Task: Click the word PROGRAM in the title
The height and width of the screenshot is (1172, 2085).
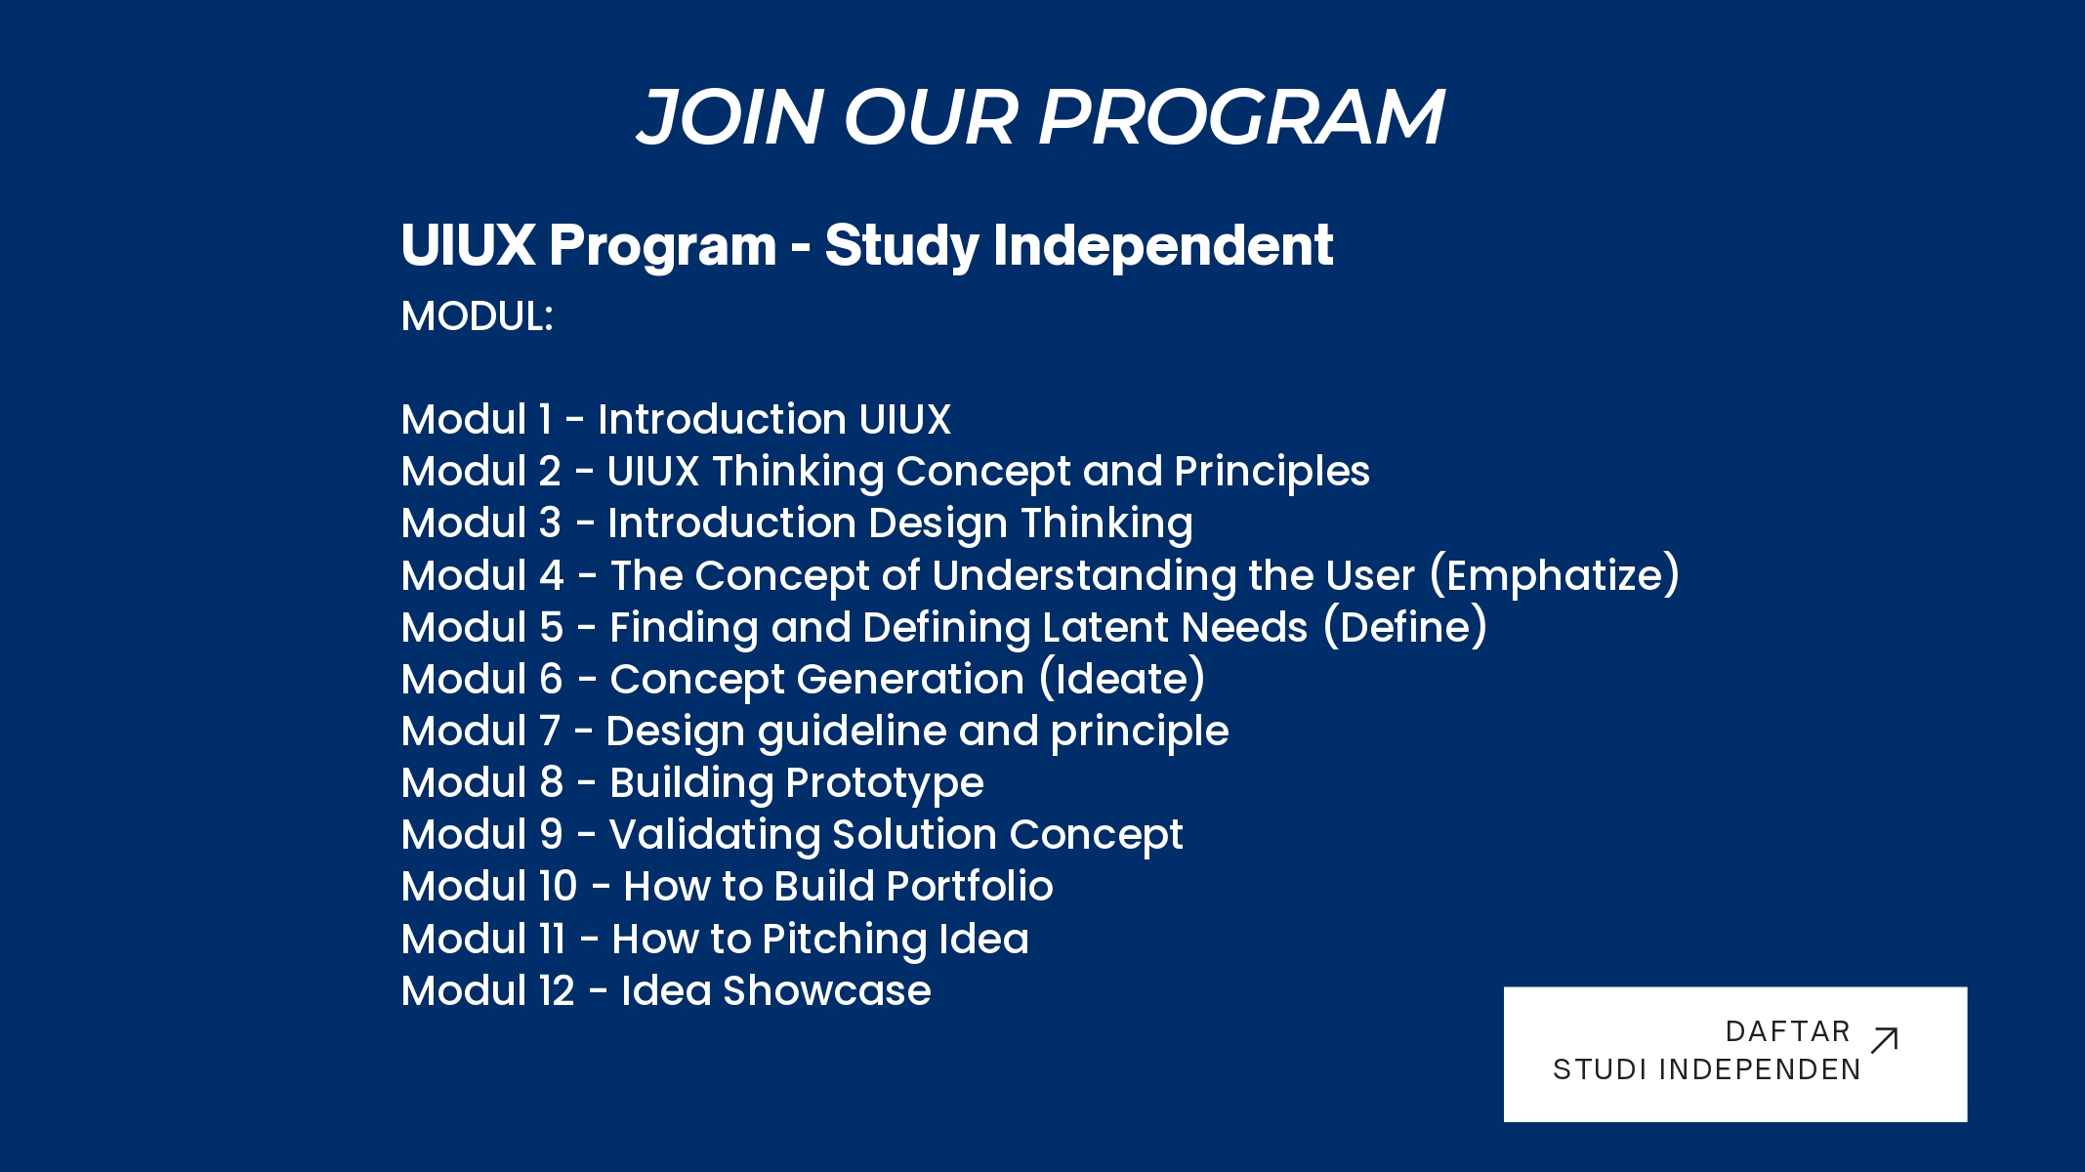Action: (1240, 117)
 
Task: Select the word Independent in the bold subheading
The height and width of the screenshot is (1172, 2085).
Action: (1163, 244)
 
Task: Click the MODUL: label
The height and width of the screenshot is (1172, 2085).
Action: (478, 316)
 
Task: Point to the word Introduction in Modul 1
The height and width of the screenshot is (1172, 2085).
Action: (722, 419)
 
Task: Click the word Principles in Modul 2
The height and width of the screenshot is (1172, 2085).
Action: (1272, 473)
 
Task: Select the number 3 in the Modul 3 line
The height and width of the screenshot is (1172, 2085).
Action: (551, 523)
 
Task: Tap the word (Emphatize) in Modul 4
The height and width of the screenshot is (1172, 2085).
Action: (1555, 575)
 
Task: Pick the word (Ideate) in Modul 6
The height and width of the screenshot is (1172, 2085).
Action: (1122, 679)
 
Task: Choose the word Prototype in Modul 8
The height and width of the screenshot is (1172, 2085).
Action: (885, 784)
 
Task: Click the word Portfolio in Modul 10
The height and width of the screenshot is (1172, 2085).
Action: (970, 886)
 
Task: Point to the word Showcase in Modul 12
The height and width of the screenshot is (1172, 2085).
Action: (826, 990)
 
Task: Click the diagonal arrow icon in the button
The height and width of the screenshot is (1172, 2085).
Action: (1884, 1040)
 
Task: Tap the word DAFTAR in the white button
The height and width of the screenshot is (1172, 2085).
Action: (1788, 1031)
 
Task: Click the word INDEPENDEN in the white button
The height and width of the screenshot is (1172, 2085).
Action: (1761, 1069)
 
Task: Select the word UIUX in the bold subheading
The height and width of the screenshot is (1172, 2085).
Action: (468, 244)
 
